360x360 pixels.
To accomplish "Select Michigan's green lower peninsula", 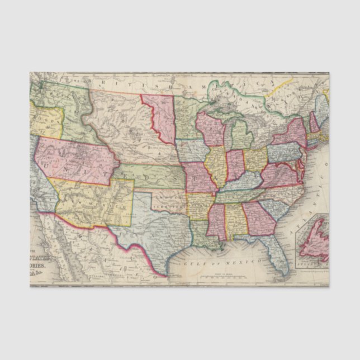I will (241, 137).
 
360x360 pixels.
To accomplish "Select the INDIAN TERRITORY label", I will (168, 202).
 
